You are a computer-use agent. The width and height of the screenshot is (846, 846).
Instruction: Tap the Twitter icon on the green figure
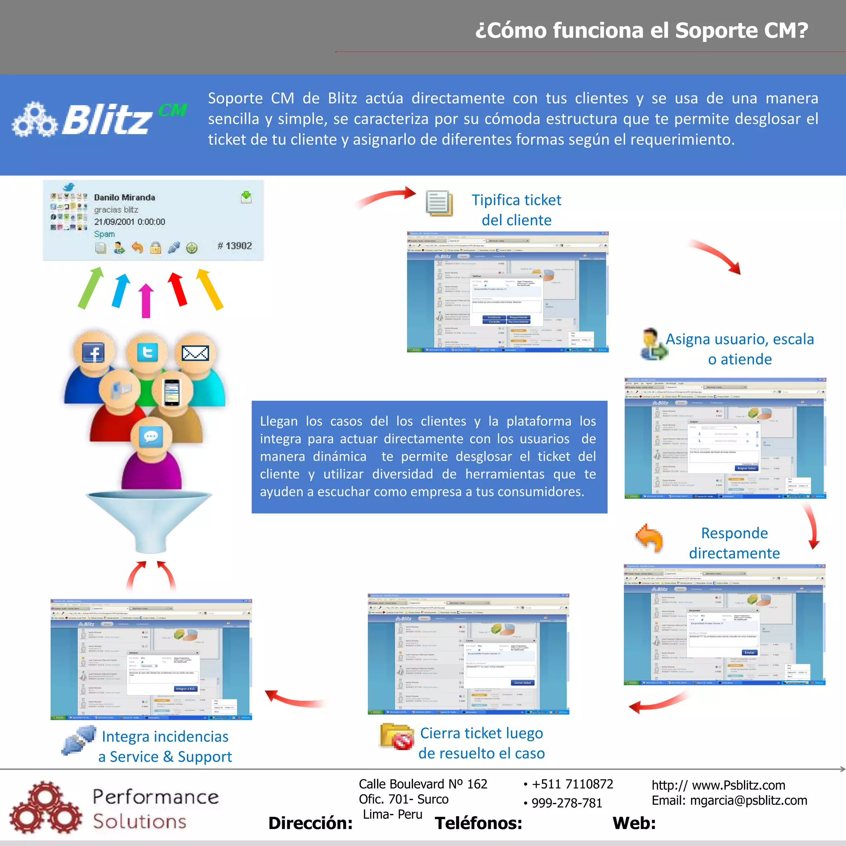click(x=147, y=352)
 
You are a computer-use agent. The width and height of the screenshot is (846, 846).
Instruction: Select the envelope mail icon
click(x=195, y=353)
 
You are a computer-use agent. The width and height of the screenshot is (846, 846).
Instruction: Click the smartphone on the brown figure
click(x=172, y=392)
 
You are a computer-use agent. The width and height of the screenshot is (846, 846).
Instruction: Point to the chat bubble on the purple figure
click(x=151, y=436)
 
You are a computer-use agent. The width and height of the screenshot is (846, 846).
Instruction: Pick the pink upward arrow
click(x=146, y=300)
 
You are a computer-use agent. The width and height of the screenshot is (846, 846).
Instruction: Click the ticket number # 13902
click(x=235, y=246)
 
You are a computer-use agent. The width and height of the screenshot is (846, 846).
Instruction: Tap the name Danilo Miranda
click(x=124, y=197)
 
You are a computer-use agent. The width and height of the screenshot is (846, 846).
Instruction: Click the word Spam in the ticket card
click(x=104, y=234)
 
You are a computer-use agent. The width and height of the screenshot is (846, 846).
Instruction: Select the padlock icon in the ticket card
click(x=155, y=248)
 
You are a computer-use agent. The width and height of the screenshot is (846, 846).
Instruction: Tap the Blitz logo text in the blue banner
click(x=107, y=120)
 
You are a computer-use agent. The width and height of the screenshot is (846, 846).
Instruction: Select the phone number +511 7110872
click(x=572, y=784)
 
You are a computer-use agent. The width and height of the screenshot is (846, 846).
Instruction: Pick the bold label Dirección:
click(x=311, y=823)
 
